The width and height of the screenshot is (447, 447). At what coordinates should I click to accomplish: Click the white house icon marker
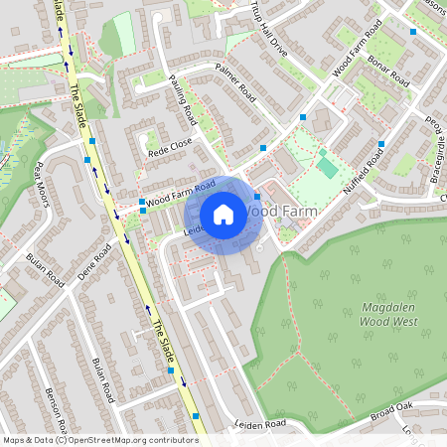[223, 215]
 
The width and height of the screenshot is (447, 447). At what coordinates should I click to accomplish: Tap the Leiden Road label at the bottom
[260, 424]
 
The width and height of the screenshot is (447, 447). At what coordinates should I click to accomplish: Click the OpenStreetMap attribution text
[99, 440]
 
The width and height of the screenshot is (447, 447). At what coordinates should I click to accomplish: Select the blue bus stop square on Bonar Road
[413, 32]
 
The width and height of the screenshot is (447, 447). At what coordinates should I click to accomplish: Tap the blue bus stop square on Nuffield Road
[380, 145]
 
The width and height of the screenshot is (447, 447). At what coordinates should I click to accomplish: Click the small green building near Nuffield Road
[327, 167]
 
